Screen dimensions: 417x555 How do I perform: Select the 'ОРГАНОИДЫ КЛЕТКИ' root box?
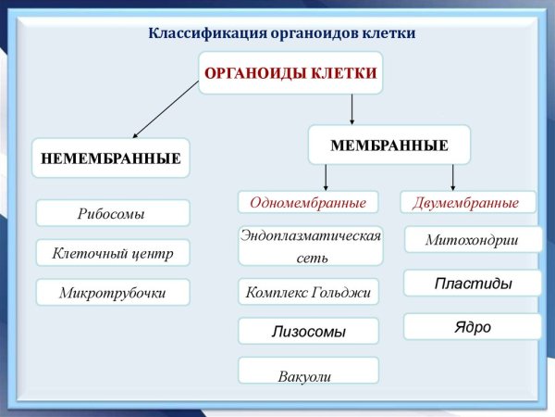coord(290,74)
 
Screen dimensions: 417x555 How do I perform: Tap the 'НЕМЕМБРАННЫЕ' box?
coord(110,158)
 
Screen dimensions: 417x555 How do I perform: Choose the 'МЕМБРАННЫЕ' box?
coord(389,145)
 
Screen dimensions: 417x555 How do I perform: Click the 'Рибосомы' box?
coord(112,214)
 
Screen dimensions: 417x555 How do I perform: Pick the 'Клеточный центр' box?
coord(112,252)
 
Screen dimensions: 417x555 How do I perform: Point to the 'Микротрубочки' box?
coord(112,293)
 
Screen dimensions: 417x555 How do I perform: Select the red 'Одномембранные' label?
coord(308,202)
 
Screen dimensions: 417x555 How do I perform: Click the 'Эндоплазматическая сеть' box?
coord(310,246)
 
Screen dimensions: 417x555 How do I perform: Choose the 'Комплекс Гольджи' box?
coord(308,293)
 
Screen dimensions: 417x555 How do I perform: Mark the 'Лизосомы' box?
coord(308,331)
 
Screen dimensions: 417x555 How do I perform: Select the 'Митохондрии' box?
coord(472,240)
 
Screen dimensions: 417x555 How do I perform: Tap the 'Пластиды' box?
coord(473,284)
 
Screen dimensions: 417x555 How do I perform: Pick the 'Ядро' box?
coord(473,327)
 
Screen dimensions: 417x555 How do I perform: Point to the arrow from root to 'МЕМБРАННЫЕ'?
coord(352,109)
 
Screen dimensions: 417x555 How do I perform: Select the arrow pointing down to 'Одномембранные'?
coord(326,177)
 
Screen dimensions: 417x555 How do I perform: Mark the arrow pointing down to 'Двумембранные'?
coord(453,177)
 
